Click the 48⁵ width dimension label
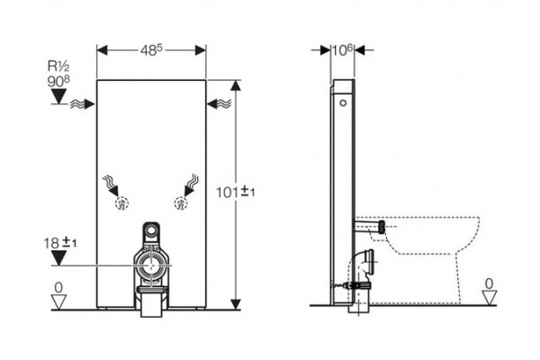tap(151, 50)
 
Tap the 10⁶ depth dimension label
tap(343, 50)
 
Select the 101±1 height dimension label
tap(236, 192)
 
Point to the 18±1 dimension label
tap(60, 243)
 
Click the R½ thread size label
tap(58, 66)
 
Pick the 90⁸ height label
tap(58, 81)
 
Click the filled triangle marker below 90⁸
tap(58, 96)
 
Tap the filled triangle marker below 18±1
tap(58, 258)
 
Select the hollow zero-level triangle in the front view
tap(58, 301)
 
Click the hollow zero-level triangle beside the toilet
tap(489, 297)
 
